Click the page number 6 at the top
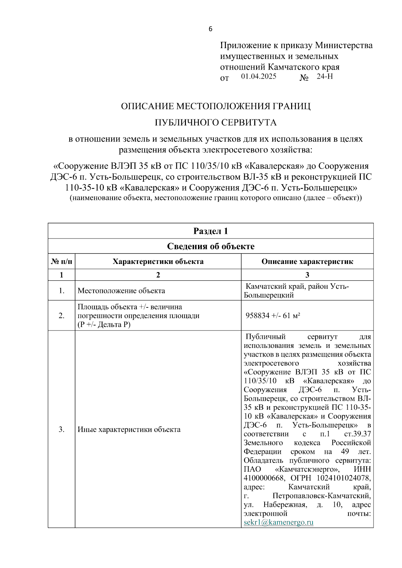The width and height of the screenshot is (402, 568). click(210, 29)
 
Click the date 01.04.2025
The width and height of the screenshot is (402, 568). click(259, 76)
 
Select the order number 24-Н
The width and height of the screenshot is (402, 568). click(325, 76)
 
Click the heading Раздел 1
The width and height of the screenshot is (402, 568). click(210, 231)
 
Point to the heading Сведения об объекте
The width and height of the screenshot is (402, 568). click(210, 247)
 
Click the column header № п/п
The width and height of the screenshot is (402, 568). click(61, 262)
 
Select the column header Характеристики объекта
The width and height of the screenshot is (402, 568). click(158, 262)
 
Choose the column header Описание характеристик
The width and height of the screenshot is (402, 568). click(307, 262)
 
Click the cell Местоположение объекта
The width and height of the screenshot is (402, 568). click(121, 291)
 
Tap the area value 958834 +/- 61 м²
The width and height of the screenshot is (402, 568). click(273, 315)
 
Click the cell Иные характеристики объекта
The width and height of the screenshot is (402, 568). click(129, 430)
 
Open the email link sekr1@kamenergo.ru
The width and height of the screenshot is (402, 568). click(278, 523)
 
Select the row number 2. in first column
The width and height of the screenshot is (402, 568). click(61, 316)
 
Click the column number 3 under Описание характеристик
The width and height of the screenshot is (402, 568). click(307, 275)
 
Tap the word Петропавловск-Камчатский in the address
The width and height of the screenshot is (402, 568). click(321, 496)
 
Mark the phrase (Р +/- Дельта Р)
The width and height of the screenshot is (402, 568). click(104, 325)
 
